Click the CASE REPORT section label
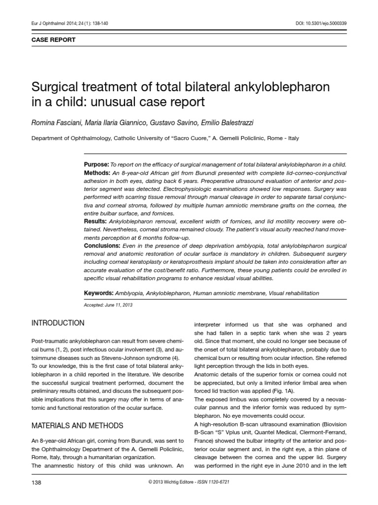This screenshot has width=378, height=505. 54,40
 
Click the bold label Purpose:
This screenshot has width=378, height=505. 96,164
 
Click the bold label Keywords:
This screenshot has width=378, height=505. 99,293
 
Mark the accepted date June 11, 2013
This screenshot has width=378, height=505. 120,305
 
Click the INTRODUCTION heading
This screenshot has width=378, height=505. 58,323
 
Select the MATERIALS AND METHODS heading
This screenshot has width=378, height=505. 77,426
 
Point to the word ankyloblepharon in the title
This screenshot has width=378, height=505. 282,88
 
